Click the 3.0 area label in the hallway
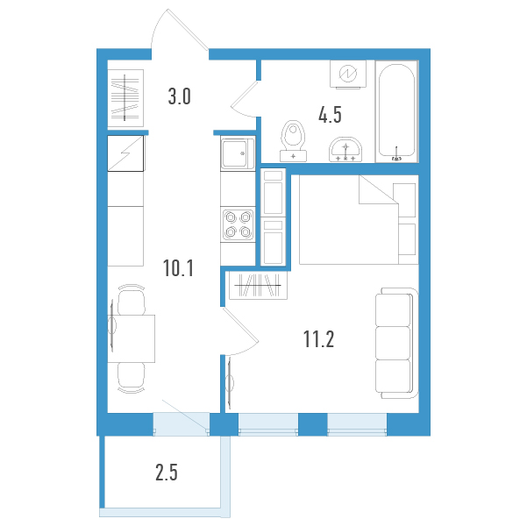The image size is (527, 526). pos(180,96)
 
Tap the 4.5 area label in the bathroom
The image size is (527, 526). pos(330,115)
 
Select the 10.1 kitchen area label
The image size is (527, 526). pos(179,268)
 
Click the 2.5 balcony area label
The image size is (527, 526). pos(167,473)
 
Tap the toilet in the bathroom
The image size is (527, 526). pos(293,141)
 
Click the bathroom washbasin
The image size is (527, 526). pos(345,150)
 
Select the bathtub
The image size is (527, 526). pos(396,111)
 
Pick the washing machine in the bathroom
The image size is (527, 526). pos(348,75)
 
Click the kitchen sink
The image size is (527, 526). pos(238,153)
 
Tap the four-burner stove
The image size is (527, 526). pos(239,224)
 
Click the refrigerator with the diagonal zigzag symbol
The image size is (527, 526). pos(125,153)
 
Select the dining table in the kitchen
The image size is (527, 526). pos(132,338)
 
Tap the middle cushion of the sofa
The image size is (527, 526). pos(393,343)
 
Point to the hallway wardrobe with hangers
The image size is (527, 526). pos(125,98)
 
